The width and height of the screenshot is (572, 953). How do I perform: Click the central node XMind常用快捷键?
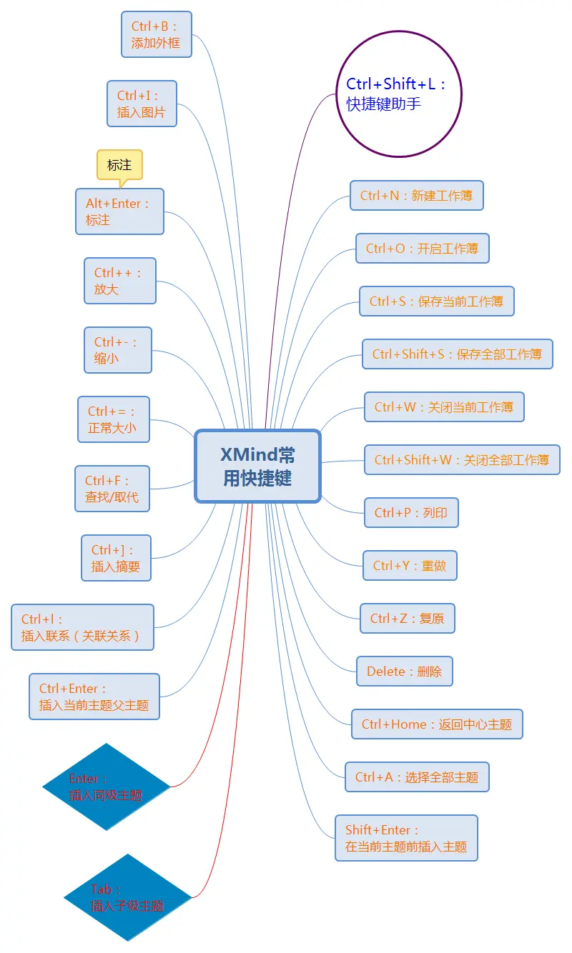[x=257, y=466]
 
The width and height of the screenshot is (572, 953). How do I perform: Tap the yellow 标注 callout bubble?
[x=119, y=165]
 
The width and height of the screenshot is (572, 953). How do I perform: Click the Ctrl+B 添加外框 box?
[x=157, y=34]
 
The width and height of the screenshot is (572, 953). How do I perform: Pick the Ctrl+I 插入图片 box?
[x=142, y=104]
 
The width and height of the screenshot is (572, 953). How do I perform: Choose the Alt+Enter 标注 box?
[x=119, y=211]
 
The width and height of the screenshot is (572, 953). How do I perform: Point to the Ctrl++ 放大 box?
[x=119, y=281]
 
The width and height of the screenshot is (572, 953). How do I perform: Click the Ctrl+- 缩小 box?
[x=117, y=350]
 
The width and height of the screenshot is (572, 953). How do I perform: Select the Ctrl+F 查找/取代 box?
[x=112, y=489]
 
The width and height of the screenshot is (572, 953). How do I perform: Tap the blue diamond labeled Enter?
[x=107, y=787]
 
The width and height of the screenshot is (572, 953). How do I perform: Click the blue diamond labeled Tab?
[x=128, y=897]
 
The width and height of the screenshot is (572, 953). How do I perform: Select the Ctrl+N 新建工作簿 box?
[x=416, y=196]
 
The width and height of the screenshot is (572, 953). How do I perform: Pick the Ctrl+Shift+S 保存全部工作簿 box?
[x=457, y=354]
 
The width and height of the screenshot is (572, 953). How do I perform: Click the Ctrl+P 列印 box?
[x=410, y=513]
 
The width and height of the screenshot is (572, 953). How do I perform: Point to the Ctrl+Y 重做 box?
[x=409, y=566]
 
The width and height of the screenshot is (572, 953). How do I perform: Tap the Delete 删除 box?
[x=404, y=672]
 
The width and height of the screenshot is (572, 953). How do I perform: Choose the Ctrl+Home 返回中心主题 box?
[x=436, y=724]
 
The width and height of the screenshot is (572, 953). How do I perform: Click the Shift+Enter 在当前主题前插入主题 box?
[x=405, y=838]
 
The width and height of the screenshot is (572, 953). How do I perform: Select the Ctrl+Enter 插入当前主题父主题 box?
[x=94, y=697]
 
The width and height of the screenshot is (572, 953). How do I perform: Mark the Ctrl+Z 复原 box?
[x=407, y=619]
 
